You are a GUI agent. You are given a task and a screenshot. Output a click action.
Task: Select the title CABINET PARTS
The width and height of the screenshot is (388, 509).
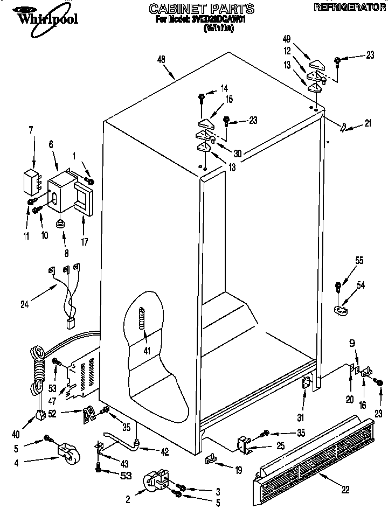(x=193, y=8)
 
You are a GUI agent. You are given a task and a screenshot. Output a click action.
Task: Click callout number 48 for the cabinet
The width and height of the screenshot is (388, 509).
(x=161, y=60)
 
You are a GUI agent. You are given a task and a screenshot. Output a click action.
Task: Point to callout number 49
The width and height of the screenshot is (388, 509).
(x=286, y=40)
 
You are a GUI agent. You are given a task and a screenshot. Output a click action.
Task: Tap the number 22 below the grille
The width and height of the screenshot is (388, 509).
(x=345, y=489)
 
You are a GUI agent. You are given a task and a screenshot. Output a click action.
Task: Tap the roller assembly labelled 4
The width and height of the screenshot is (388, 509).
(x=68, y=454)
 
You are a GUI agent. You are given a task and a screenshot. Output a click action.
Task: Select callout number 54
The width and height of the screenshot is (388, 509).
(x=361, y=285)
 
